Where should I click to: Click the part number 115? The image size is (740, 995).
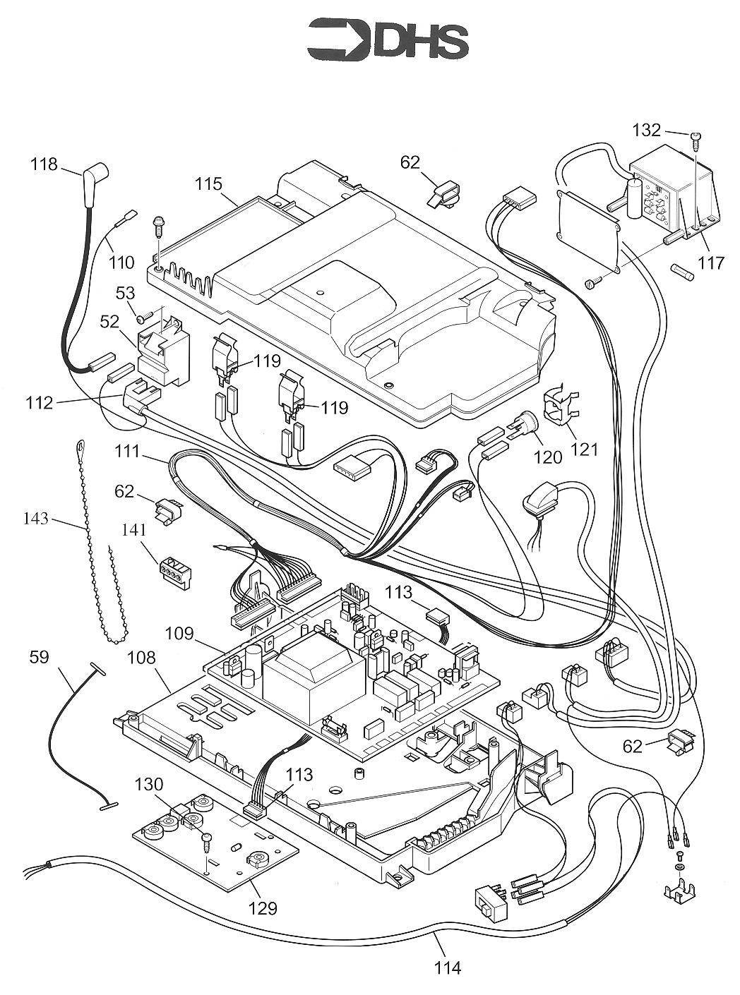(x=208, y=184)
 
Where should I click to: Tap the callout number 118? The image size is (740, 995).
(x=43, y=164)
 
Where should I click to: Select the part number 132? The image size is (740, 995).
(x=646, y=131)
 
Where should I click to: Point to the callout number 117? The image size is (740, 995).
(x=711, y=263)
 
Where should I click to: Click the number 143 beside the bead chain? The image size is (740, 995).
(x=35, y=519)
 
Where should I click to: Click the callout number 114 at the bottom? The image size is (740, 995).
(x=448, y=967)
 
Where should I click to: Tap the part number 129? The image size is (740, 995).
(x=262, y=907)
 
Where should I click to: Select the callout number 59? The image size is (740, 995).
(x=40, y=657)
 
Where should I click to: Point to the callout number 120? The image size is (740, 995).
(x=548, y=457)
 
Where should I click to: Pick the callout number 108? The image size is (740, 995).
(x=141, y=658)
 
